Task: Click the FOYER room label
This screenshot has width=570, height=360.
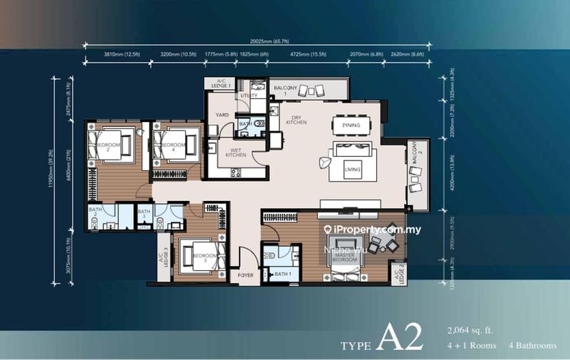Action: [x=246, y=274]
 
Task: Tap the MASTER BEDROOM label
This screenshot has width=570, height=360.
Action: [x=343, y=259]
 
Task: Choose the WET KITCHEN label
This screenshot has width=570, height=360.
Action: [x=236, y=152]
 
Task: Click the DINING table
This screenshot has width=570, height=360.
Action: [x=351, y=125]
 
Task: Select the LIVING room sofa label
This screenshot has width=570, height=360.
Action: [x=351, y=169]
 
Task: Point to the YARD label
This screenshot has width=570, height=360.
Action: [x=221, y=113]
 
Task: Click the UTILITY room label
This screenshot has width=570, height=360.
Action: [x=249, y=95]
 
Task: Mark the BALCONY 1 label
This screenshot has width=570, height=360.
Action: [x=285, y=91]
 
